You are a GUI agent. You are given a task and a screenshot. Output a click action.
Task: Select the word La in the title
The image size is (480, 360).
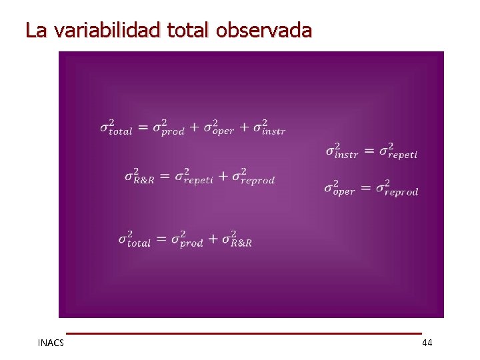click(x=37, y=31)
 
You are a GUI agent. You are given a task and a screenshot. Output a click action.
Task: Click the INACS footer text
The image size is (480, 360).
click(x=51, y=343)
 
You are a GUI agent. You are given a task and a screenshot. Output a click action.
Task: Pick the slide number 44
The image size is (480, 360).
click(x=427, y=343)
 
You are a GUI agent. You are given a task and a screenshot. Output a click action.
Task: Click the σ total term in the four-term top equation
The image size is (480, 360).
click(x=116, y=127)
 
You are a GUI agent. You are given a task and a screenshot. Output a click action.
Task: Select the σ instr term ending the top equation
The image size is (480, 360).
click(x=269, y=127)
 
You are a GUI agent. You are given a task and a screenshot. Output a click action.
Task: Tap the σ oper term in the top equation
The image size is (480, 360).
click(x=219, y=127)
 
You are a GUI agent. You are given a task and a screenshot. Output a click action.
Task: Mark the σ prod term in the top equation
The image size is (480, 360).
click(x=168, y=127)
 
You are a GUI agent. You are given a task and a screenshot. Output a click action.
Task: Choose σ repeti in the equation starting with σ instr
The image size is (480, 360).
click(x=398, y=151)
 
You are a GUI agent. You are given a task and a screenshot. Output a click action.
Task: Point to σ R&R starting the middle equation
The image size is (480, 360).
click(x=139, y=176)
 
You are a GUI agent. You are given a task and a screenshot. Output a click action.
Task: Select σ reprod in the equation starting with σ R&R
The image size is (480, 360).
click(x=253, y=176)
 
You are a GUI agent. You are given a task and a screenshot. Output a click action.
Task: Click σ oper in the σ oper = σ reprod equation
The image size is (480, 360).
click(x=339, y=188)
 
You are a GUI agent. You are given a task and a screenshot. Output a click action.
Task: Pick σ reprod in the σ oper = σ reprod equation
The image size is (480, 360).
click(x=397, y=188)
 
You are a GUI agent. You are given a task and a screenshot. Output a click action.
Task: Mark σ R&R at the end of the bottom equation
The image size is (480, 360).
click(x=237, y=239)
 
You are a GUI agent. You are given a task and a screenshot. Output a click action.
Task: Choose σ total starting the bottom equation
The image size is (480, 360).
click(x=135, y=239)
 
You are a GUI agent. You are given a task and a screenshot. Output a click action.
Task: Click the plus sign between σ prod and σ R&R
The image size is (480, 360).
click(x=213, y=239)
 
